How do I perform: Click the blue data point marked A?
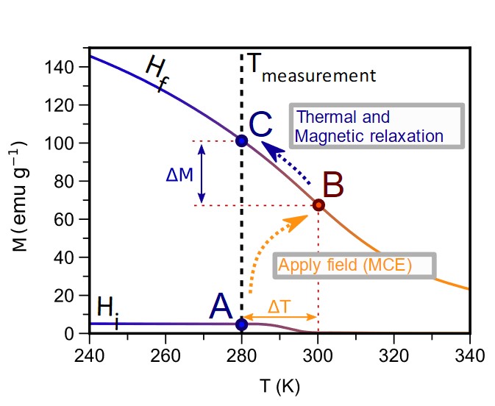[242, 324]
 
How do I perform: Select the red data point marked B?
[318, 204]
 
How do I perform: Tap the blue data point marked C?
[242, 140]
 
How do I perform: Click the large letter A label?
[221, 306]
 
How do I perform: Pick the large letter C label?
[262, 126]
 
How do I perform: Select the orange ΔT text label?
[279, 305]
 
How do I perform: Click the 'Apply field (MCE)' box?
[355, 265]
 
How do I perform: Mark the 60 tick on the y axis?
[71, 219]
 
